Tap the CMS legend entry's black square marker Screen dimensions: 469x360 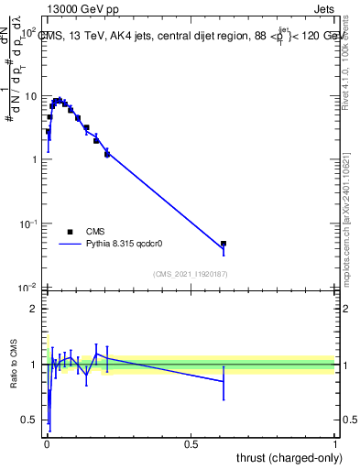(70, 232)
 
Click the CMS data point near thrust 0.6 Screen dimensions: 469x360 (224, 245)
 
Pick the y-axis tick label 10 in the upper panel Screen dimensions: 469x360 (31, 96)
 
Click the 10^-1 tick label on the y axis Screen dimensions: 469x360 (29, 224)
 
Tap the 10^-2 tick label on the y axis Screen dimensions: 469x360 (29, 288)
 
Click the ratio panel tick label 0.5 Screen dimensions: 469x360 (32, 420)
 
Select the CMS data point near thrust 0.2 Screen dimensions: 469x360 (107, 154)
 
